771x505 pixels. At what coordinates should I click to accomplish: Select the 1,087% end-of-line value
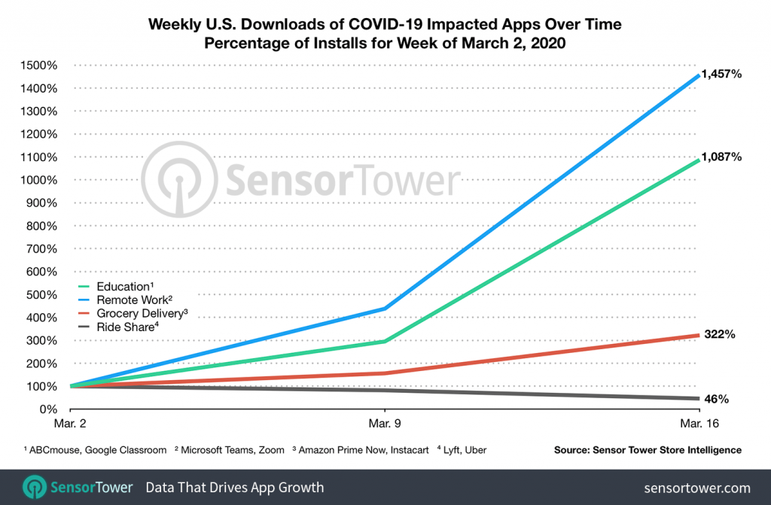[x=722, y=157]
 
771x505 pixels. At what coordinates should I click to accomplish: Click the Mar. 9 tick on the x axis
[x=385, y=424]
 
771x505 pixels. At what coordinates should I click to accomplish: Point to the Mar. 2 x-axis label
[x=70, y=424]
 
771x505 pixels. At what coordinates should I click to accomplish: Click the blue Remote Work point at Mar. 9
[x=385, y=309]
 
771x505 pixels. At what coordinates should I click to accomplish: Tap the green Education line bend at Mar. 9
[x=385, y=341]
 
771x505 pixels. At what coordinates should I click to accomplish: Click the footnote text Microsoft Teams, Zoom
[x=233, y=450]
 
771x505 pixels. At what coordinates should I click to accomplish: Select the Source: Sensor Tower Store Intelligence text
[x=646, y=450]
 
